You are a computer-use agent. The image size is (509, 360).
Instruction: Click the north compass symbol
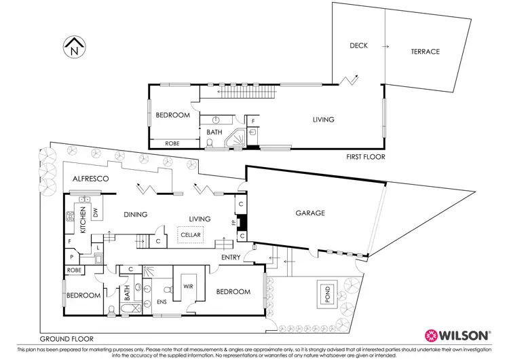(x=73, y=48)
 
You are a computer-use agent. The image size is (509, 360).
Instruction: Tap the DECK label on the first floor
(x=359, y=46)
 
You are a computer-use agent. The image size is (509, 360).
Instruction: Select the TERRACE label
(x=425, y=52)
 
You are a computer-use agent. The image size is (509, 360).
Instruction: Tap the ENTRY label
(x=232, y=257)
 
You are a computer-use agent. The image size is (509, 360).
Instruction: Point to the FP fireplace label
(x=233, y=222)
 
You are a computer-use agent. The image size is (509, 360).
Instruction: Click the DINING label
(x=136, y=215)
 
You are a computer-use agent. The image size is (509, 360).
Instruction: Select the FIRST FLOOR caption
(x=365, y=157)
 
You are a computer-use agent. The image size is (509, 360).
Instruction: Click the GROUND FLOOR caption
(x=66, y=338)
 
